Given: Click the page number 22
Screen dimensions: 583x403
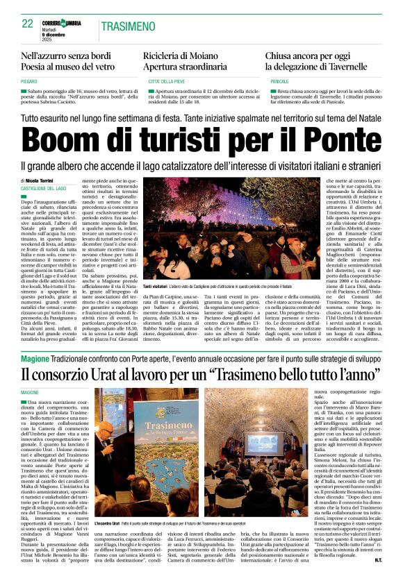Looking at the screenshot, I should (x=27, y=24).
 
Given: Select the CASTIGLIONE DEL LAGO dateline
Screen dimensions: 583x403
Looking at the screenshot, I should (x=44, y=189).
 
